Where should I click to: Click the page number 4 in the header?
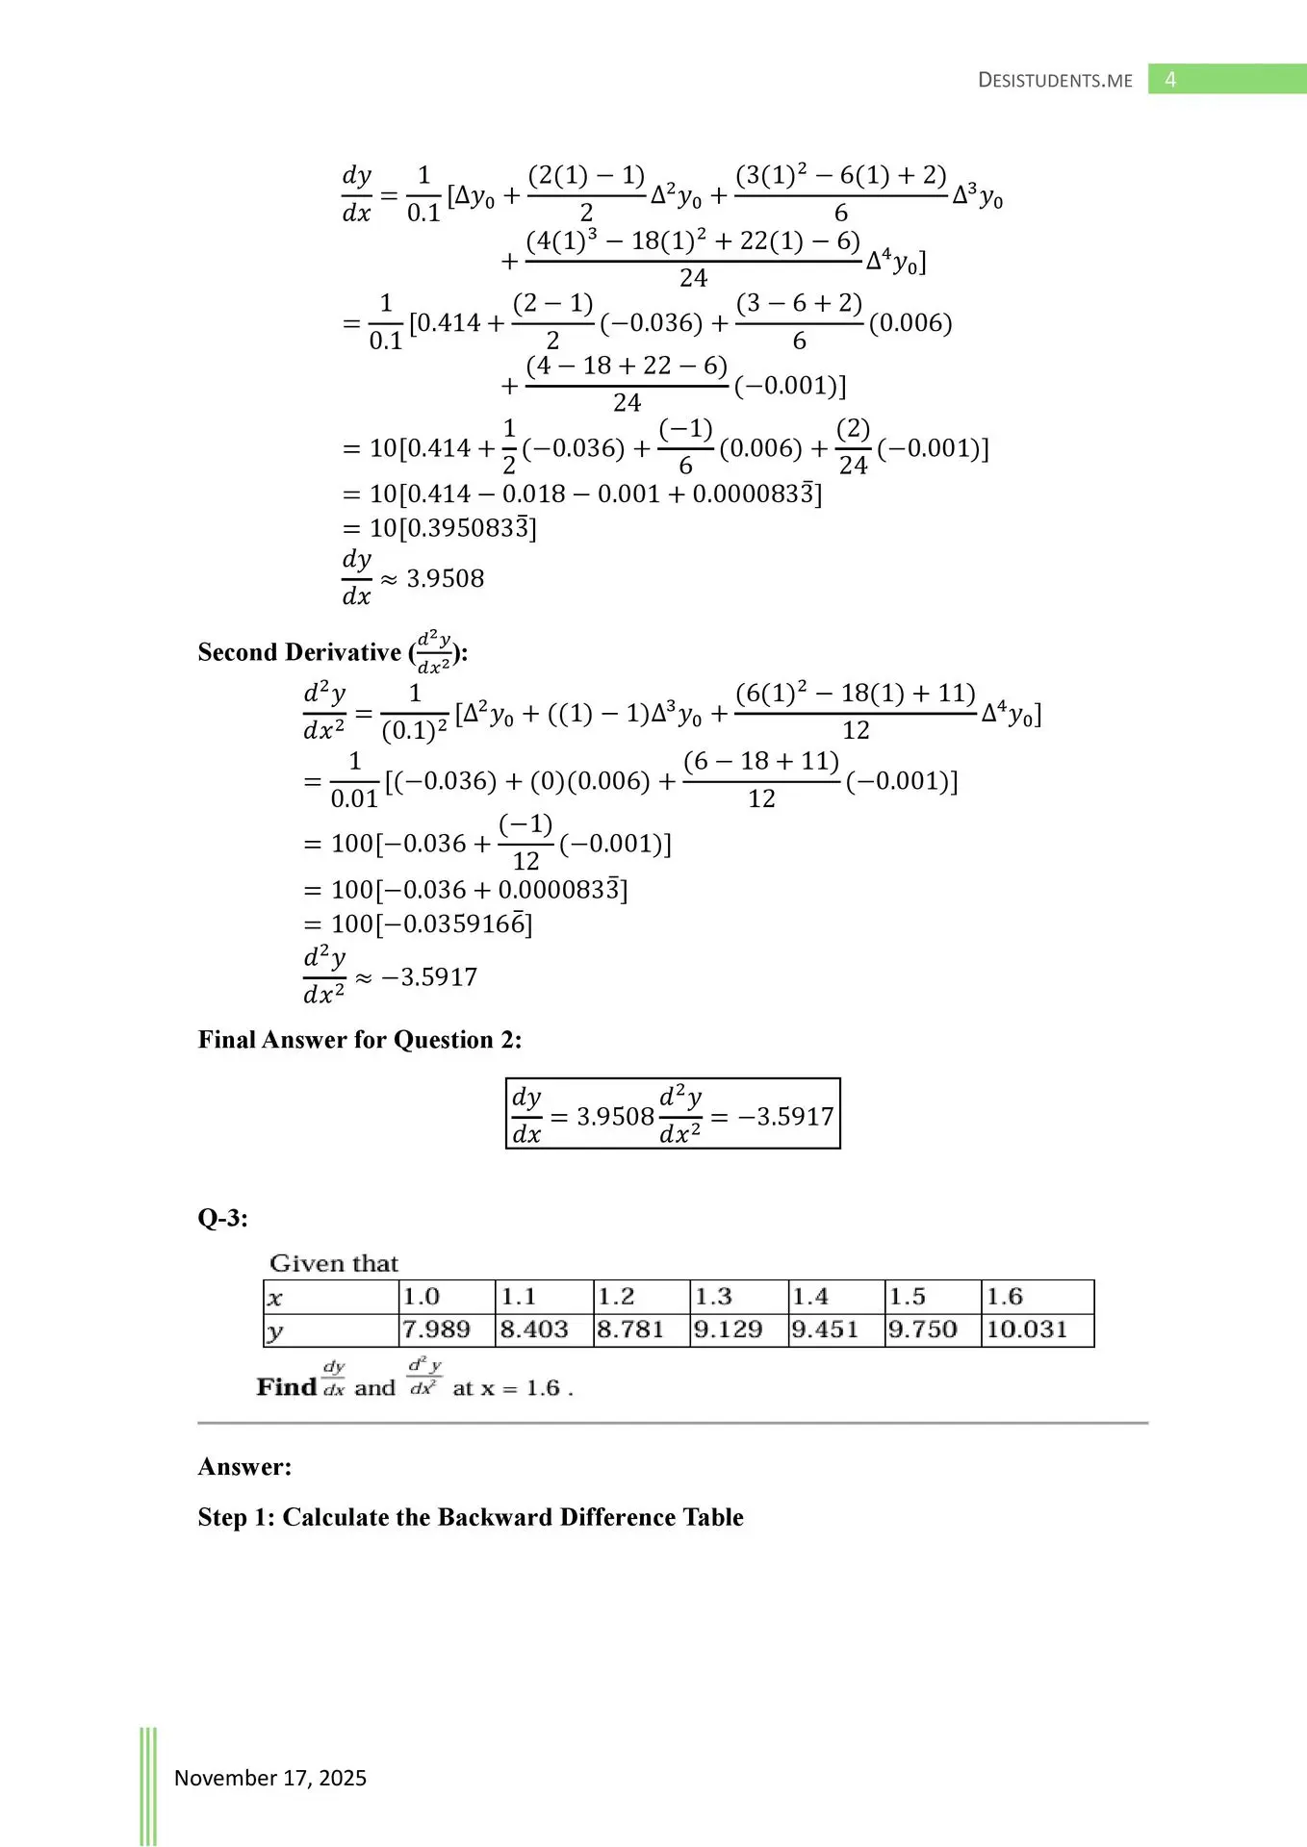click(1170, 80)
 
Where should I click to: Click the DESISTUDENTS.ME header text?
click(1055, 81)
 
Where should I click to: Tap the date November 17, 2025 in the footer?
click(269, 1778)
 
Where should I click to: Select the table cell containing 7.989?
click(437, 1329)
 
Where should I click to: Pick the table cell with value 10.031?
click(1027, 1329)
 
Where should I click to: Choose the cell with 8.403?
click(534, 1329)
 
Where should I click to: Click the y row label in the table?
click(275, 1331)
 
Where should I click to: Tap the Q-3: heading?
click(223, 1218)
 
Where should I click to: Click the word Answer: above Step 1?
click(244, 1466)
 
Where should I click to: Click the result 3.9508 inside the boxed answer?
click(615, 1116)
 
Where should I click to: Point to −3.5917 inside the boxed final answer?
click(785, 1116)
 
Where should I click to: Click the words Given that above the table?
click(334, 1263)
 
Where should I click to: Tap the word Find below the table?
click(287, 1387)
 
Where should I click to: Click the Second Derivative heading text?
click(299, 652)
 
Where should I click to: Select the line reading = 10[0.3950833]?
click(440, 528)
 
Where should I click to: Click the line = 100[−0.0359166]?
click(418, 924)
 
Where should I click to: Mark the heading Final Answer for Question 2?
click(360, 1040)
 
